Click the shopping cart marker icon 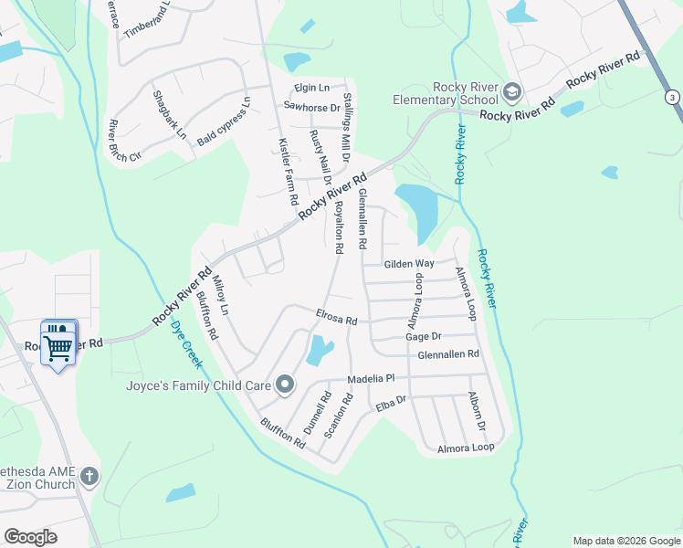pyautogui.click(x=58, y=343)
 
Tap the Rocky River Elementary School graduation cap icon pyautogui.click(x=512, y=91)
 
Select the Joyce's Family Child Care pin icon pyautogui.click(x=284, y=385)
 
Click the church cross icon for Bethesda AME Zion pyautogui.click(x=89, y=476)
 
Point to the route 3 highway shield pyautogui.click(x=672, y=98)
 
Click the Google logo pyautogui.click(x=30, y=537)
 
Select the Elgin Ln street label pyautogui.click(x=311, y=88)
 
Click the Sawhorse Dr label pyautogui.click(x=311, y=107)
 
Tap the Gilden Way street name pyautogui.click(x=408, y=263)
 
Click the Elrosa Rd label pyautogui.click(x=336, y=319)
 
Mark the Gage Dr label pyautogui.click(x=423, y=337)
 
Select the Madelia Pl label pyautogui.click(x=369, y=378)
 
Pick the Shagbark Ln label pyautogui.click(x=169, y=115)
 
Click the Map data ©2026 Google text pyautogui.click(x=625, y=541)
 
